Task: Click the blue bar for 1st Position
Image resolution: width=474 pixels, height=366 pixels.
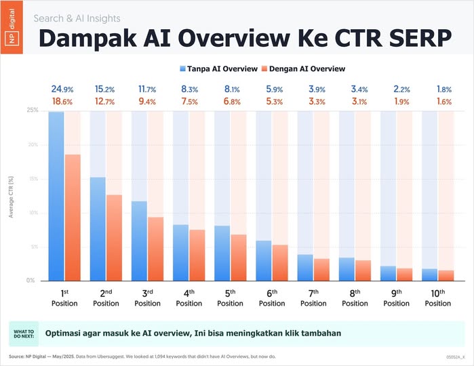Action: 56,197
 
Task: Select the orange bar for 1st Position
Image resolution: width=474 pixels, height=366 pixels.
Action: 73,217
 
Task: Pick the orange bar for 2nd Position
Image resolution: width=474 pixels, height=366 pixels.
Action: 114,237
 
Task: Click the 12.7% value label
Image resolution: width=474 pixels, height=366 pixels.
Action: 106,102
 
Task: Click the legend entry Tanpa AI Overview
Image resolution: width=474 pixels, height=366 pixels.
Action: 218,68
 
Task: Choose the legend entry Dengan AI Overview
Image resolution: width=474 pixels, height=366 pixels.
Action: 303,68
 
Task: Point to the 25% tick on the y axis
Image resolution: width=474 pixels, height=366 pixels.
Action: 32,110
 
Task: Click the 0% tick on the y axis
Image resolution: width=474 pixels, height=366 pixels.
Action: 32,280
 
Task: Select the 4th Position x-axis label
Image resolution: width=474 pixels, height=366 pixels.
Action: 189,298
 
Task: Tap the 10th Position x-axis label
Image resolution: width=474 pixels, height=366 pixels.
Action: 438,298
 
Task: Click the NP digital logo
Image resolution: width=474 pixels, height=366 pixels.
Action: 12,28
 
